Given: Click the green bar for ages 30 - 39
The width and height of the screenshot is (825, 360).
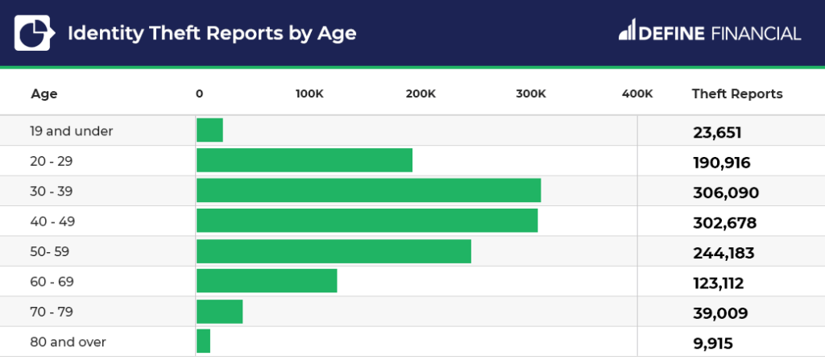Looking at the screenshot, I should pyautogui.click(x=368, y=191).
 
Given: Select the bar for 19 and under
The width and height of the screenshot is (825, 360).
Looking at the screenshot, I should pyautogui.click(x=209, y=130).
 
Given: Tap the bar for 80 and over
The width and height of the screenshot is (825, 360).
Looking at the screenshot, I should pyautogui.click(x=203, y=341).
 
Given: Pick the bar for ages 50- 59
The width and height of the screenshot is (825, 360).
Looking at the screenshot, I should pyautogui.click(x=334, y=251).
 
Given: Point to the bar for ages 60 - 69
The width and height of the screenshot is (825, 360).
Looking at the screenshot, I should pyautogui.click(x=267, y=281).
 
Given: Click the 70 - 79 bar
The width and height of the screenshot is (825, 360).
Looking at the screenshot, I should pyautogui.click(x=219, y=312).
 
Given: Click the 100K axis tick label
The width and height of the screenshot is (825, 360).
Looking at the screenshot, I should pyautogui.click(x=309, y=94).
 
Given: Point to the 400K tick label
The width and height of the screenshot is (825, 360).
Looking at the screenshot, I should pyautogui.click(x=637, y=94).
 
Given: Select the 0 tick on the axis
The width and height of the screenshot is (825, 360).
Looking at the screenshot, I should pyautogui.click(x=199, y=94).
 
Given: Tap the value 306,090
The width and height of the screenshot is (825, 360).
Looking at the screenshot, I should pyautogui.click(x=726, y=193).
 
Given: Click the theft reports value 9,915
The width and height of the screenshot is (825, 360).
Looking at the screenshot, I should pyautogui.click(x=713, y=344).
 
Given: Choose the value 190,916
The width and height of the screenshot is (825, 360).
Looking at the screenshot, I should pyautogui.click(x=722, y=163).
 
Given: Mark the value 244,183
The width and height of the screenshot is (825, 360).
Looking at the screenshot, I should pyautogui.click(x=723, y=254).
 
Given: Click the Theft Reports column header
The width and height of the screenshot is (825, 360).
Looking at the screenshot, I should pyautogui.click(x=737, y=94).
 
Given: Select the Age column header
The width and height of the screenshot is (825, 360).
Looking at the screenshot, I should pyautogui.click(x=44, y=94).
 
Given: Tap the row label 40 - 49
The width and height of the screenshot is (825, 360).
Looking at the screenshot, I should pyautogui.click(x=52, y=221).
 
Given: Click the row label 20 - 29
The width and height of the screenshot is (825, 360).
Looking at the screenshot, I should pyautogui.click(x=52, y=161).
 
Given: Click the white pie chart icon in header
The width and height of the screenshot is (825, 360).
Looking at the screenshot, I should pyautogui.click(x=33, y=32).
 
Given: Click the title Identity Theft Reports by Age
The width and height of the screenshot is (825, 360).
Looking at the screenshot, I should pyautogui.click(x=211, y=33).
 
